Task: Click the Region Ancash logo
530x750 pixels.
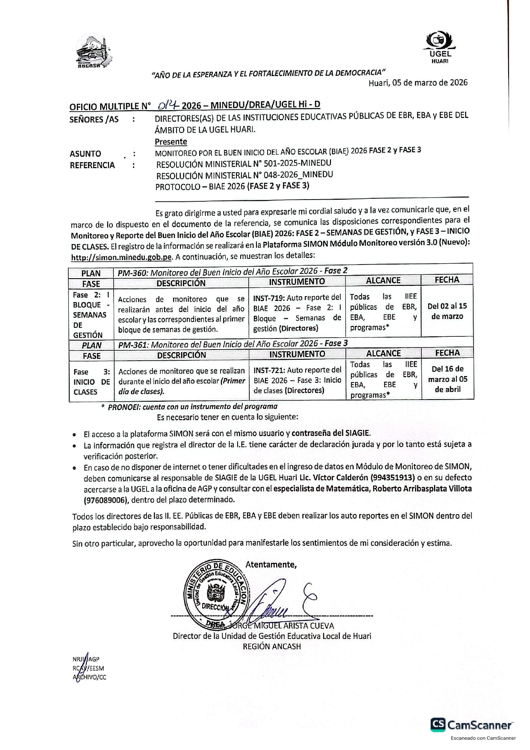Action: [x=93, y=53]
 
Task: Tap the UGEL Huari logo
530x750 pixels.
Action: [x=440, y=48]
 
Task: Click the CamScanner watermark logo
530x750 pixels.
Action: [x=472, y=725]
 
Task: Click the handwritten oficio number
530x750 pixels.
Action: [x=168, y=105]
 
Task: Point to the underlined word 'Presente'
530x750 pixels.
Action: [x=171, y=141]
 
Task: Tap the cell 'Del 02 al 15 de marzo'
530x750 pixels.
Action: [x=447, y=311]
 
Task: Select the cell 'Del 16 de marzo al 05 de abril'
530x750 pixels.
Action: [x=448, y=379]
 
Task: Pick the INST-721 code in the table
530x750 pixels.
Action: [x=268, y=370]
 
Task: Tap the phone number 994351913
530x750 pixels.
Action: [x=392, y=477]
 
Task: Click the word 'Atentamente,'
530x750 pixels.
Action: [x=271, y=565]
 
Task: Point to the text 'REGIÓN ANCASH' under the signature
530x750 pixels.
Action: [x=272, y=647]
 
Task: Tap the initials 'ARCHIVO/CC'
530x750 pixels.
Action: [x=90, y=677]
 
